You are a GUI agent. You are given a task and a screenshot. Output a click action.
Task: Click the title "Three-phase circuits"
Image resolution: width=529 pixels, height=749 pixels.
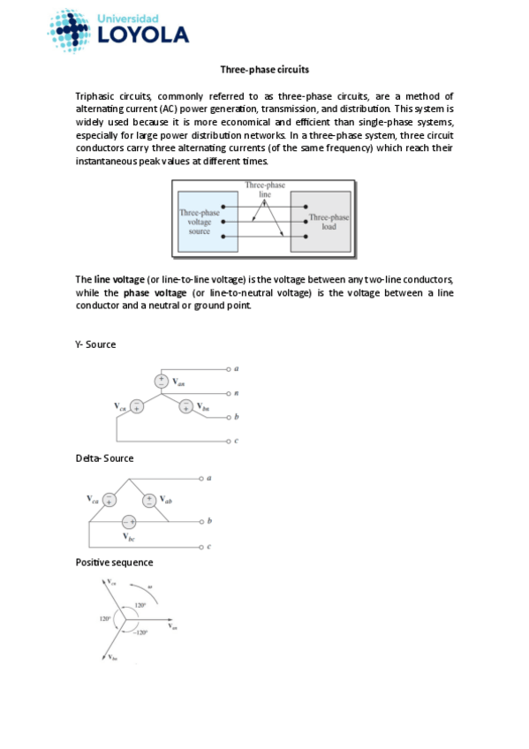click(x=264, y=69)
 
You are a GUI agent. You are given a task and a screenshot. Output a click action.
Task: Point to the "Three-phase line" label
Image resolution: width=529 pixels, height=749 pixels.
click(x=264, y=189)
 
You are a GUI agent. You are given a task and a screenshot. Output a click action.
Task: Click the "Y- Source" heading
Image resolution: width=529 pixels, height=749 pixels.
click(x=95, y=344)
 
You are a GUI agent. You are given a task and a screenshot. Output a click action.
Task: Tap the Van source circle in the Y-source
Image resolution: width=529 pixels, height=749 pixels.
click(x=162, y=381)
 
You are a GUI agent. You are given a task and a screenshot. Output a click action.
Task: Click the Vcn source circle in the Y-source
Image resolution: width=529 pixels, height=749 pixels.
click(x=136, y=406)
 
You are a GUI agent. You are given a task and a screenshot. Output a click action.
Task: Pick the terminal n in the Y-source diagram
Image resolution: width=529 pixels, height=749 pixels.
click(x=237, y=392)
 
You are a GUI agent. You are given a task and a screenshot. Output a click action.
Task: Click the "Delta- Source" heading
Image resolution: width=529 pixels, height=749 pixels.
click(x=104, y=458)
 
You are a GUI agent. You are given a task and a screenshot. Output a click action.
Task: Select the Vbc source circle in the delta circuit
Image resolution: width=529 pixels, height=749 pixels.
click(x=129, y=521)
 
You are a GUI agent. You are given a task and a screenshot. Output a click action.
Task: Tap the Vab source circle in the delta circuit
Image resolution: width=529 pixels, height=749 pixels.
click(x=150, y=500)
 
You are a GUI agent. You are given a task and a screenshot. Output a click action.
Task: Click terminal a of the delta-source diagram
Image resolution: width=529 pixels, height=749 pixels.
click(x=208, y=478)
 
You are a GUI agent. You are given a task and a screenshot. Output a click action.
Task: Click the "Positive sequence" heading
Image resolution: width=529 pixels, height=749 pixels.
click(x=114, y=563)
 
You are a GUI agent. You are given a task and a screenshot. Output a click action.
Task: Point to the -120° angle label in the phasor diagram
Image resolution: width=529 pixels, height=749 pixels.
click(x=141, y=632)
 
